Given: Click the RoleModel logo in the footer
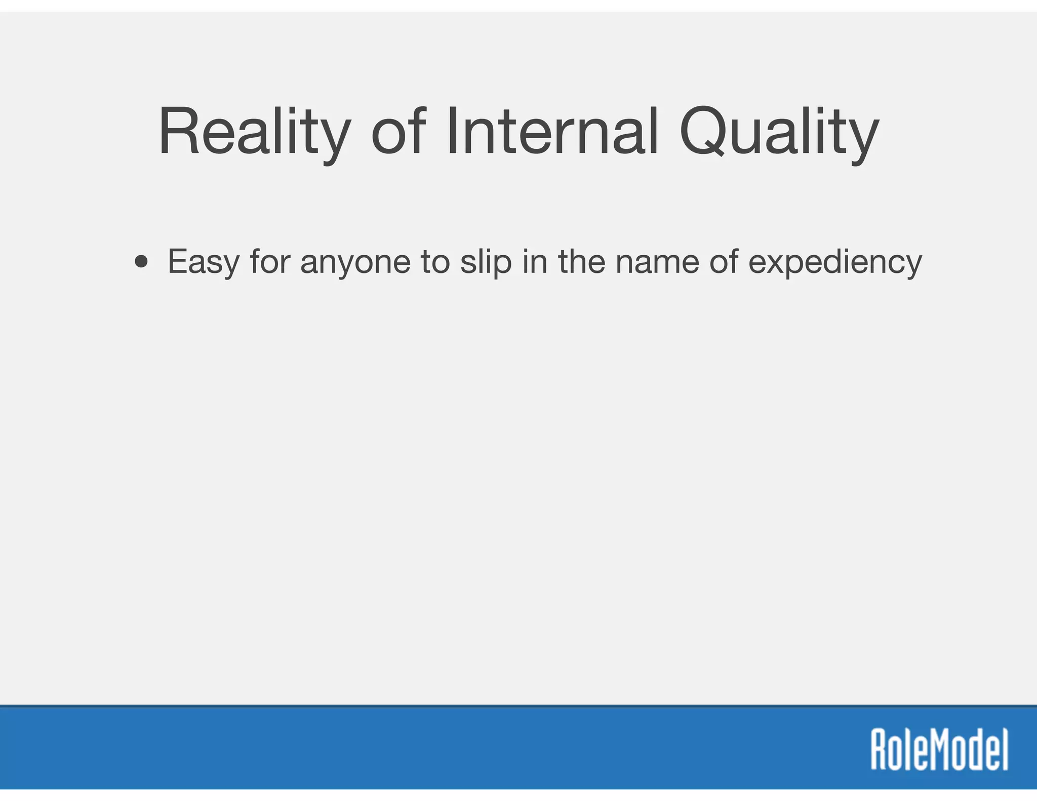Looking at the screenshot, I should [939, 749].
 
